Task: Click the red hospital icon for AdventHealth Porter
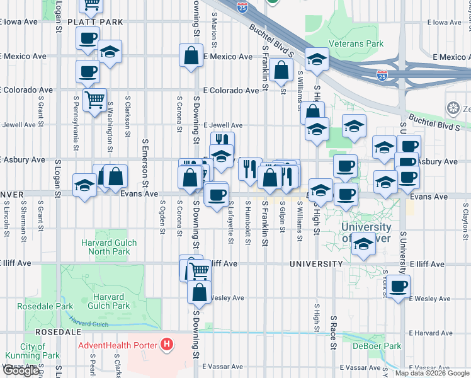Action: (167, 345)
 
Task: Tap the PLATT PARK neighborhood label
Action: (96, 21)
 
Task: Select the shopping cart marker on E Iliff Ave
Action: (199, 271)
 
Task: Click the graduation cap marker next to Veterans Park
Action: (315, 60)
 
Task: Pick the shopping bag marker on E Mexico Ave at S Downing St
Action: (191, 55)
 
